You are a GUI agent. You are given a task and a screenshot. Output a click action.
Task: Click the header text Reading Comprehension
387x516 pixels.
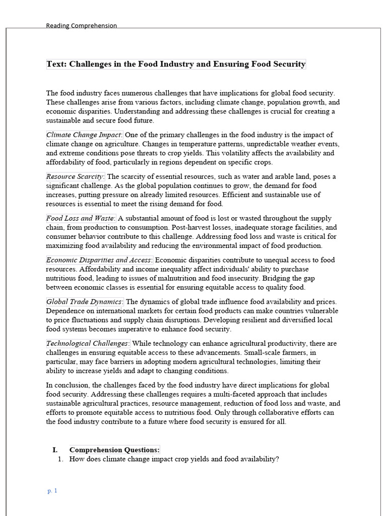pyautogui.click(x=81, y=26)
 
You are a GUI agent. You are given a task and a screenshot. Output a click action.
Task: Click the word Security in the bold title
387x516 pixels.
pyautogui.click(x=288, y=64)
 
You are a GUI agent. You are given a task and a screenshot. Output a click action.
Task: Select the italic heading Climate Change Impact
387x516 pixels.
pyautogui.click(x=84, y=135)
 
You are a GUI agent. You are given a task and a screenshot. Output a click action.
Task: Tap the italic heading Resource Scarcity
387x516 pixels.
pyautogui.click(x=75, y=177)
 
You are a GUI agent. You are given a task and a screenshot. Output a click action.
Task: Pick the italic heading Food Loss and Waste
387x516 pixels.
pyautogui.click(x=81, y=219)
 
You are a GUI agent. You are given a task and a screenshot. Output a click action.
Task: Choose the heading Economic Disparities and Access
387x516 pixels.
pyautogui.click(x=99, y=261)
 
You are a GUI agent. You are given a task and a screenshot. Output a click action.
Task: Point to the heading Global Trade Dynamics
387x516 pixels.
pyautogui.click(x=84, y=302)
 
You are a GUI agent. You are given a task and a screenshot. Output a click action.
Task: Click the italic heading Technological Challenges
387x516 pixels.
pyautogui.click(x=88, y=344)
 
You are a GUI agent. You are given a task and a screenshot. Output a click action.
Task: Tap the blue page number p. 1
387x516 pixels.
pyautogui.click(x=52, y=491)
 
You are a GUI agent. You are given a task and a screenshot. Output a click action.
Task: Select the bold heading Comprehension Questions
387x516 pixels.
pyautogui.click(x=114, y=450)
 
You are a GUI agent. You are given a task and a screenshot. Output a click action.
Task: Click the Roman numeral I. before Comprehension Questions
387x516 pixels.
pyautogui.click(x=55, y=450)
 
